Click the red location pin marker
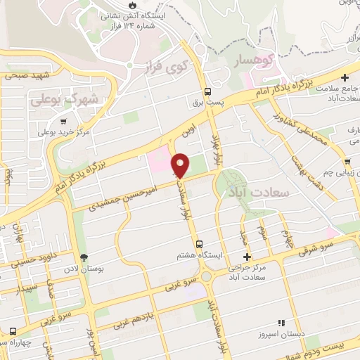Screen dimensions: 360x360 coord(181,165)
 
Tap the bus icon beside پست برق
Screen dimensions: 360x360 coord(207,91)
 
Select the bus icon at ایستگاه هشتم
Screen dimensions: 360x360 coord(198,244)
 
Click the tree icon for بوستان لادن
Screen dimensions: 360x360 coord(84,257)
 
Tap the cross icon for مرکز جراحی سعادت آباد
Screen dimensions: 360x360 coord(245,258)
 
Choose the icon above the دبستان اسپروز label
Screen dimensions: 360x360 coord(281,322)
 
